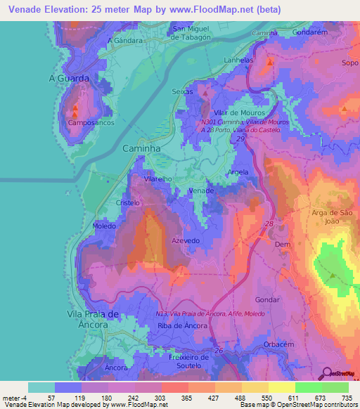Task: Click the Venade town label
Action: coord(202,190)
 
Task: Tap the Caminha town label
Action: coord(142,150)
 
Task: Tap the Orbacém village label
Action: coord(282,344)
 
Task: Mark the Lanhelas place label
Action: coord(239,60)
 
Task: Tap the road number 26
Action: coord(218,351)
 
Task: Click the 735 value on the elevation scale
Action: coord(345,398)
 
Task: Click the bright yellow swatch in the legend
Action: coord(281,387)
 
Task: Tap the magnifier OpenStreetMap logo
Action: coord(326,373)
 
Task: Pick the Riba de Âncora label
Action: coord(179,325)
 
